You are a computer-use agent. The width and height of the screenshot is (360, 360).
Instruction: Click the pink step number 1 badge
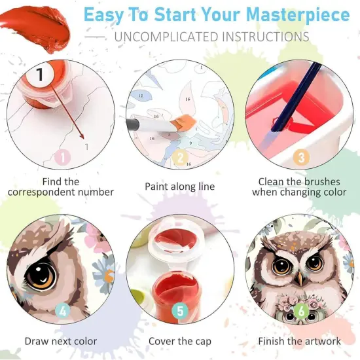pos(62,157)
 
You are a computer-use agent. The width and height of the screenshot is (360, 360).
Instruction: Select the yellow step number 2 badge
pos(180,157)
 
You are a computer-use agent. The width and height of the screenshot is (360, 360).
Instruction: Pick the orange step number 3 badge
pos(301,157)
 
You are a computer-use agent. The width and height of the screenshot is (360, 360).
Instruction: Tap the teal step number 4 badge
pos(63,311)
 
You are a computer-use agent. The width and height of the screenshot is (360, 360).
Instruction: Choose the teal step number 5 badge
pos(180,311)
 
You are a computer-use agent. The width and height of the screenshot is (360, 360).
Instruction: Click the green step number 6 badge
pos(301,311)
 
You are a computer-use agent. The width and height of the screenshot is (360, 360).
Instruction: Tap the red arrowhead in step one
pos(82,136)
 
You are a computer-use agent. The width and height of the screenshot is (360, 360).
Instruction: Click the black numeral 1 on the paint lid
pos(40,74)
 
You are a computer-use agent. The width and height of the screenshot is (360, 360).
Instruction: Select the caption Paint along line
pos(180,187)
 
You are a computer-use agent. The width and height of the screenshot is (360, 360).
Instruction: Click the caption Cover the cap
pos(180,342)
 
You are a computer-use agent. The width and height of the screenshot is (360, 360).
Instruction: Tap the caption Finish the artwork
pos(299,341)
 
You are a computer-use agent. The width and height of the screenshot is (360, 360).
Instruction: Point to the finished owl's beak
pos(299,278)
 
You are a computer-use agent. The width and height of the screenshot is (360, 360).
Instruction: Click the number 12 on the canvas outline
pos(141,96)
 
